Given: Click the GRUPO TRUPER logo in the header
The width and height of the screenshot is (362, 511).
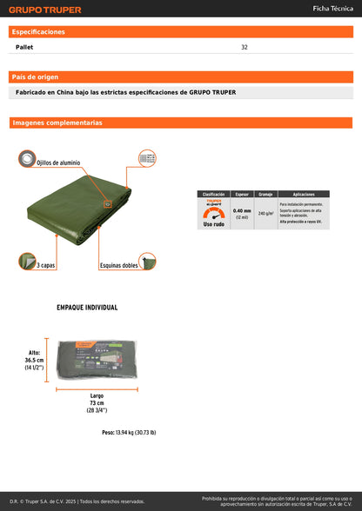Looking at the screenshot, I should point(44,10).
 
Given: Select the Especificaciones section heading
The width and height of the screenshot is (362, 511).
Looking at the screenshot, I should point(38,31).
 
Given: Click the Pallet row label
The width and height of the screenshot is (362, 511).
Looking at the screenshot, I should point(25,47).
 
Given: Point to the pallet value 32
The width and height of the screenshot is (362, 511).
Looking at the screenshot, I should point(245,47).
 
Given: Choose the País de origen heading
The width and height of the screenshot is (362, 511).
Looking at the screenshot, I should point(36,77).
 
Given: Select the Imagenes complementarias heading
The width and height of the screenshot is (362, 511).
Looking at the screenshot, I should point(57,123).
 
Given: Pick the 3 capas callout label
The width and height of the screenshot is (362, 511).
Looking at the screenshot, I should point(46,264).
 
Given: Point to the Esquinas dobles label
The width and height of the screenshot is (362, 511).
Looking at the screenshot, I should point(118,264).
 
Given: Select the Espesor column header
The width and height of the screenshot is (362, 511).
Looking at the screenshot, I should point(241,194).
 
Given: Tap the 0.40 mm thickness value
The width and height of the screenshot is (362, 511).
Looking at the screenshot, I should point(241,210).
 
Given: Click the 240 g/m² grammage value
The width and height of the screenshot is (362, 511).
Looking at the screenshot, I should point(265,213).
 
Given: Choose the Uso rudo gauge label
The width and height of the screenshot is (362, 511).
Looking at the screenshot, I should point(213,224).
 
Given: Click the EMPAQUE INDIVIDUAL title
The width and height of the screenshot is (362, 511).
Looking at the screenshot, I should point(87,307).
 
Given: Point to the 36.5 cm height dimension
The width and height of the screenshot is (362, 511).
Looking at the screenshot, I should point(34,360).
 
